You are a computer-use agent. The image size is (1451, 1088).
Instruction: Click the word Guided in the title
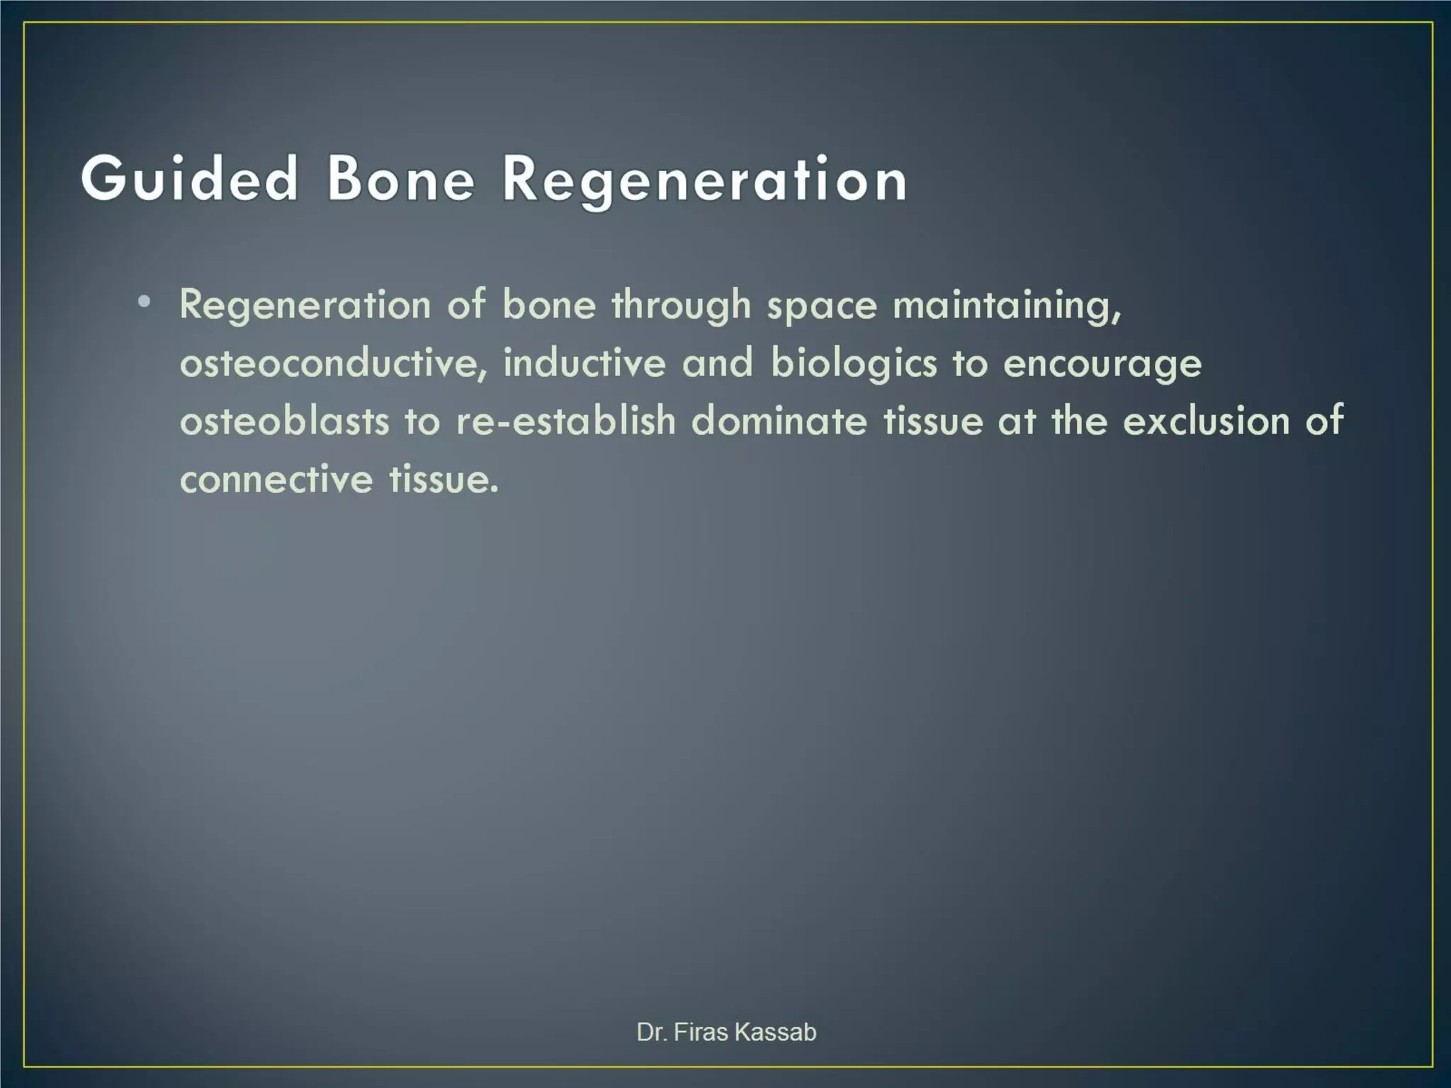(x=189, y=179)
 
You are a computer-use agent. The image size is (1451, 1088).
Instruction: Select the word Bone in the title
(x=400, y=179)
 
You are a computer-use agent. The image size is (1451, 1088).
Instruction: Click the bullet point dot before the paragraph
(x=145, y=303)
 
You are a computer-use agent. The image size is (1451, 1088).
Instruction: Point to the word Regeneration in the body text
(x=305, y=306)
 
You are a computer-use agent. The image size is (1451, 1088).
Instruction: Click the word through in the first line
(x=681, y=306)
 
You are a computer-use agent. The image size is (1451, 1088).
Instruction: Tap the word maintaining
(x=1007, y=306)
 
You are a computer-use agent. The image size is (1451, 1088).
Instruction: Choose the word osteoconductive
(x=333, y=364)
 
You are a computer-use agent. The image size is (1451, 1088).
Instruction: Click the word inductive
(x=585, y=363)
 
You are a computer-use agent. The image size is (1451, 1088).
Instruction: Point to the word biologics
(x=854, y=364)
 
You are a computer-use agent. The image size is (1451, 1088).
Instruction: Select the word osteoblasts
(x=284, y=421)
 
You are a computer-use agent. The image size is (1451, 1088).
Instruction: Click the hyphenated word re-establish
(x=566, y=421)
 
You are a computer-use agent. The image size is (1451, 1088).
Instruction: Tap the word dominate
(x=779, y=421)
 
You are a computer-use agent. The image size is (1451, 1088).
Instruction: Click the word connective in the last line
(x=276, y=479)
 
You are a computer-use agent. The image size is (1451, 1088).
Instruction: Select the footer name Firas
(x=701, y=1032)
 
